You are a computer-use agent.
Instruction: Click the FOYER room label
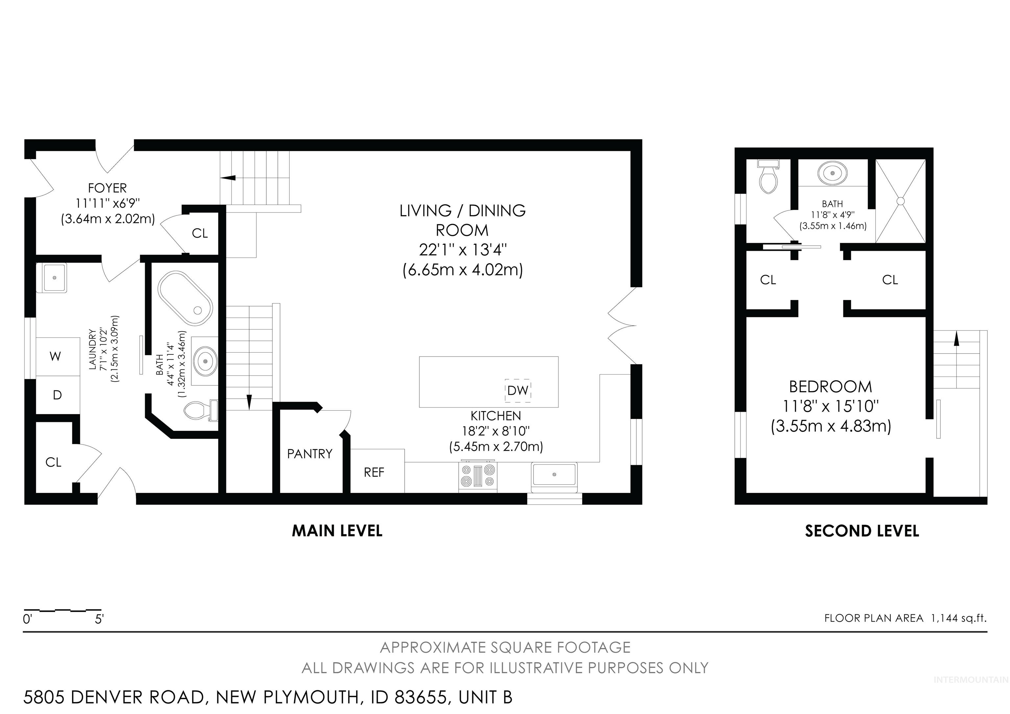[x=107, y=188]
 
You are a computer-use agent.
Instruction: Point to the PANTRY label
[x=310, y=454]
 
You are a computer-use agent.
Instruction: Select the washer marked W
[x=56, y=356]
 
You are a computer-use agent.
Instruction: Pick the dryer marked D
[x=57, y=395]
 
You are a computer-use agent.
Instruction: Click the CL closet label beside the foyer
[x=200, y=234]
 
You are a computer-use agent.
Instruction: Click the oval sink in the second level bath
[x=832, y=173]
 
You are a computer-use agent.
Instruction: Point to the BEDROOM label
[x=830, y=387]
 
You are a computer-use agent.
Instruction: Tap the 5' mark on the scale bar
[x=99, y=619]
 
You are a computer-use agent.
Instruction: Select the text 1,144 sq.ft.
[x=958, y=618]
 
